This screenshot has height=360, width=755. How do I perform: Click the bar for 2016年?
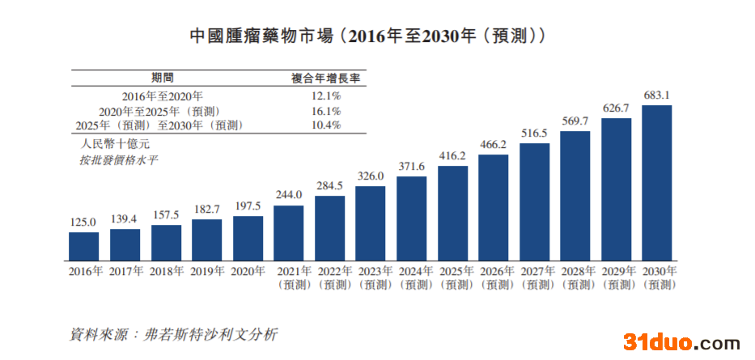pyautogui.click(x=83, y=244)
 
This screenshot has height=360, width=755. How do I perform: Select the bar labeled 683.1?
pyautogui.click(x=656, y=181)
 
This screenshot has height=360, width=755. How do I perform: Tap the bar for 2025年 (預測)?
pyautogui.click(x=452, y=211)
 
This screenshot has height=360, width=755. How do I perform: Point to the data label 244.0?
pyautogui.click(x=289, y=195)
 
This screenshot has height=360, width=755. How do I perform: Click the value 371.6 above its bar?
pyautogui.click(x=411, y=166)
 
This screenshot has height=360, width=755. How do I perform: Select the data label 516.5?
pyautogui.click(x=534, y=133)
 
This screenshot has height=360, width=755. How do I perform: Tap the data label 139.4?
pyautogui.click(x=125, y=219)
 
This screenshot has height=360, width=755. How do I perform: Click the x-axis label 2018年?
pyautogui.click(x=166, y=272)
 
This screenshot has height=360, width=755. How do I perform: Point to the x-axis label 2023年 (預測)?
pyautogui.click(x=371, y=277)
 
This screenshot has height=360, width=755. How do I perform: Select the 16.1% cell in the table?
pyautogui.click(x=326, y=111)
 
